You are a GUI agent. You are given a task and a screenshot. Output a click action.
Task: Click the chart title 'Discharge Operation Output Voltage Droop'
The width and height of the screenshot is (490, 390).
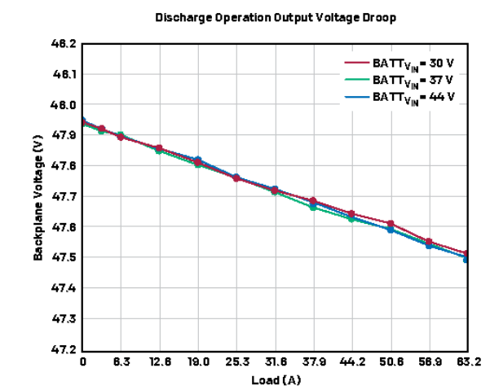[267, 17]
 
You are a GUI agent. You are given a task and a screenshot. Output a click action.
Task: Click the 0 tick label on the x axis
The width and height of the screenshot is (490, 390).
[82, 362]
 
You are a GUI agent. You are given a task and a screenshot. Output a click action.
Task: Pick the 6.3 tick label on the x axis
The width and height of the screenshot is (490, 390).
[121, 362]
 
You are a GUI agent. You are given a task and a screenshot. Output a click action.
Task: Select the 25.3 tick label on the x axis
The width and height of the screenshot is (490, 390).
[236, 362]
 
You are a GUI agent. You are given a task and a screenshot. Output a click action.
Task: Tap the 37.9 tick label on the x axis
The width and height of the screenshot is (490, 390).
[313, 362]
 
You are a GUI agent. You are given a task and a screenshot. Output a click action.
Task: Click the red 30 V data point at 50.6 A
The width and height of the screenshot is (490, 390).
[391, 223]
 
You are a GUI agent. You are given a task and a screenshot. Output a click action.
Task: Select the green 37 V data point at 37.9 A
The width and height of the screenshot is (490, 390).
[313, 207]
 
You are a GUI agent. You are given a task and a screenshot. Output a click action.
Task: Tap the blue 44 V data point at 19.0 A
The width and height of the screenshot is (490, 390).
[198, 160]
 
